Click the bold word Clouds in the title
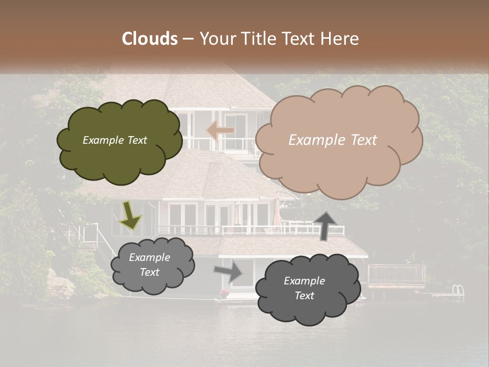(150, 39)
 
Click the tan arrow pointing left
(220, 131)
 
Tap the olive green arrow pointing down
(130, 215)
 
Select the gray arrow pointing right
(229, 271)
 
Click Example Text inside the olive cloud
(115, 140)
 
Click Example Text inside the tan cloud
(333, 140)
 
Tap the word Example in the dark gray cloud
(304, 281)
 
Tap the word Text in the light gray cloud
(150, 272)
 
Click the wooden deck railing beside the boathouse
(396, 276)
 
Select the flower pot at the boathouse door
(224, 293)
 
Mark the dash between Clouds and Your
(188, 39)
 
